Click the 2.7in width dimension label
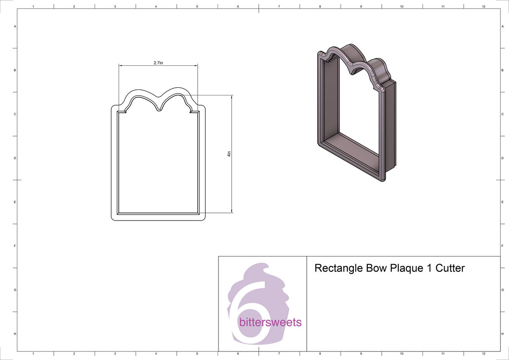[x=158, y=63]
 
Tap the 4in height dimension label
[x=229, y=155]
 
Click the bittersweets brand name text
[x=270, y=322]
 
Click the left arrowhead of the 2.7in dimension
[x=120, y=66]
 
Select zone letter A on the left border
[x=15, y=26]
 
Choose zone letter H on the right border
[x=502, y=334]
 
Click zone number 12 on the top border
[x=484, y=6]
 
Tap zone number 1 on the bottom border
[x=33, y=353]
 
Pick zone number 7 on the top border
[x=279, y=6]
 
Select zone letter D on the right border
[x=502, y=158]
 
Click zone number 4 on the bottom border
[x=156, y=353]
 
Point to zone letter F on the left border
[x=15, y=246]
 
